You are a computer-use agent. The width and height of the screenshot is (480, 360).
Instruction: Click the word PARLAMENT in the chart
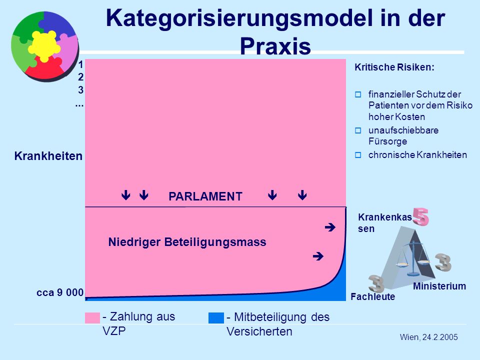[x=205, y=196]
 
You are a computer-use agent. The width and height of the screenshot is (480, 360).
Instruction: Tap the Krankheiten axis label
[x=48, y=156]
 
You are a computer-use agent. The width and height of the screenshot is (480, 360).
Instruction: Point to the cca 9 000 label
[x=60, y=292]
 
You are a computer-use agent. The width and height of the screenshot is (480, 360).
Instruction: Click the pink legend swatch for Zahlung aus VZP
[x=92, y=318]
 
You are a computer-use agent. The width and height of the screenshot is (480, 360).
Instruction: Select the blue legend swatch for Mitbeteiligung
[x=216, y=318]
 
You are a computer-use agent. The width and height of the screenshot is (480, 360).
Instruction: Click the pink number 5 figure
[x=421, y=217]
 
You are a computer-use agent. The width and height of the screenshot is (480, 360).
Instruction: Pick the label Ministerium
[x=439, y=286]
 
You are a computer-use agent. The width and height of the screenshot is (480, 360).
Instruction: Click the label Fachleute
[x=373, y=296]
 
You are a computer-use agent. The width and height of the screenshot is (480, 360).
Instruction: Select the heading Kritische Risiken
[x=394, y=67]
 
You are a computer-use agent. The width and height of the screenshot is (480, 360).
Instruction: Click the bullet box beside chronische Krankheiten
[x=358, y=155]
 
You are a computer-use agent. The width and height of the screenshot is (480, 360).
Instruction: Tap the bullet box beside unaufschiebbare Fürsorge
[x=358, y=130]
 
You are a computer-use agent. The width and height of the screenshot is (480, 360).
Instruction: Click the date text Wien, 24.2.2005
[x=429, y=337]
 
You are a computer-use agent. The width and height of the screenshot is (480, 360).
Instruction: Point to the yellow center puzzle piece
[x=44, y=46]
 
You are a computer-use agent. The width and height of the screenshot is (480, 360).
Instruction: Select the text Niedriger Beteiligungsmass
[x=187, y=242]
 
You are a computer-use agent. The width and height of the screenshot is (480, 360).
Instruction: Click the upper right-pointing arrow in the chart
[x=330, y=227]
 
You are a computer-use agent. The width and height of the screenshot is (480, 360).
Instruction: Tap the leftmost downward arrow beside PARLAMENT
[x=126, y=195]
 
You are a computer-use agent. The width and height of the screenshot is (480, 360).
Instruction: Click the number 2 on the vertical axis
[x=80, y=77]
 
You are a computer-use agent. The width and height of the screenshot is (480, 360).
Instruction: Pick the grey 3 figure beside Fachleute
[x=376, y=284]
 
